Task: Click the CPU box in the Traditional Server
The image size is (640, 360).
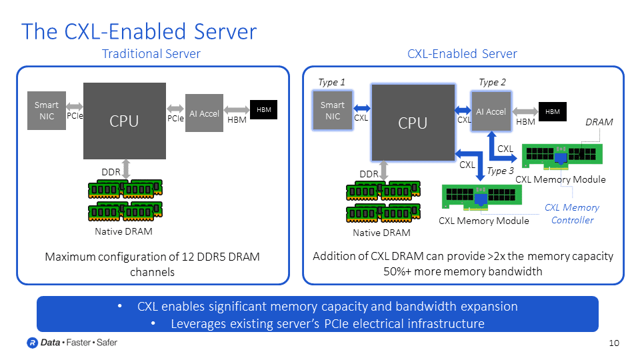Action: pyautogui.click(x=124, y=121)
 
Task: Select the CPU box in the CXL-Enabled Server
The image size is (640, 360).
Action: pyautogui.click(x=412, y=123)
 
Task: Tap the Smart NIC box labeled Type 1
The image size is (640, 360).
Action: pyautogui.click(x=332, y=110)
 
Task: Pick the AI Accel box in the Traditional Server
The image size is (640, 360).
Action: pyautogui.click(x=204, y=113)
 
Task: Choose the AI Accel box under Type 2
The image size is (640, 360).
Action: pyautogui.click(x=491, y=111)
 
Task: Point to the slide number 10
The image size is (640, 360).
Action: pyautogui.click(x=614, y=343)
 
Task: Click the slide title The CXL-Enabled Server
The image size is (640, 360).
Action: pyautogui.click(x=139, y=31)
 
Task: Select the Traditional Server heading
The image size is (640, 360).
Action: pyautogui.click(x=151, y=54)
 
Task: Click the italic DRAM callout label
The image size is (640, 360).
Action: pyautogui.click(x=598, y=123)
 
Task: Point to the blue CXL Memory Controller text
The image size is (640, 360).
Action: pyautogui.click(x=571, y=213)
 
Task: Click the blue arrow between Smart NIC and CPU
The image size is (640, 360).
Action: pyautogui.click(x=361, y=108)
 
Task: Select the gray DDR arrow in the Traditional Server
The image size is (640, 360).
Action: pyautogui.click(x=126, y=167)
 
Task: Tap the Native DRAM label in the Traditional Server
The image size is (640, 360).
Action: pyautogui.click(x=124, y=231)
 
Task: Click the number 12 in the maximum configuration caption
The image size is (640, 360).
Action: pyautogui.click(x=191, y=257)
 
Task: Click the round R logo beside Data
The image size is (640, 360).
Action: pyautogui.click(x=31, y=343)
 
